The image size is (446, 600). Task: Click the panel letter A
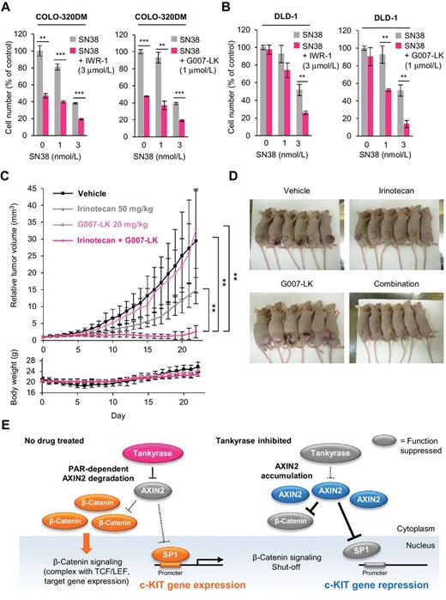coord(7,8)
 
